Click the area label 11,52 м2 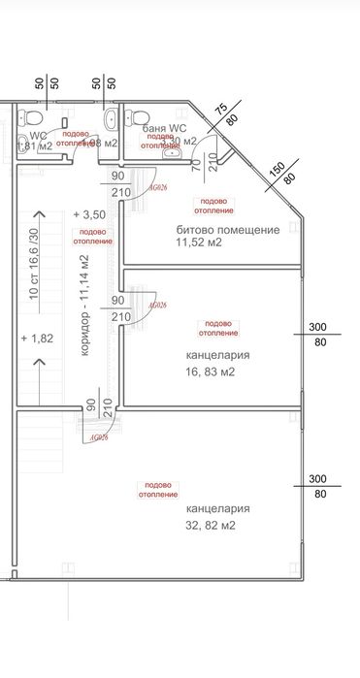[199, 242]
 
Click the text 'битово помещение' [228, 230]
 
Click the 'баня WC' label [164, 128]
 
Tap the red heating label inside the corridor [93, 238]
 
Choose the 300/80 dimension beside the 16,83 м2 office [316, 333]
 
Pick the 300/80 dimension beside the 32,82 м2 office [316, 486]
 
